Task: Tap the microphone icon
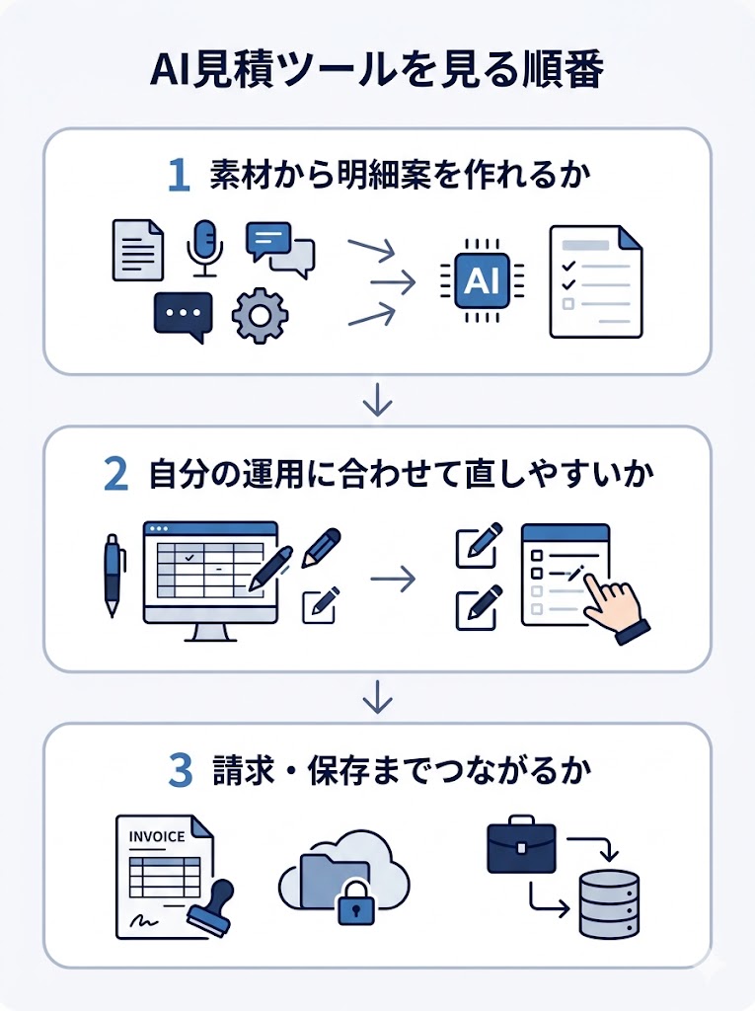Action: [x=205, y=247]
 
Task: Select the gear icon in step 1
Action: [x=260, y=316]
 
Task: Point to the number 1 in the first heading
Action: [x=179, y=176]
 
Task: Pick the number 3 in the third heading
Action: [x=180, y=772]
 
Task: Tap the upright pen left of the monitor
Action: [x=113, y=573]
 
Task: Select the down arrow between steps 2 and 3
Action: [x=377, y=699]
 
